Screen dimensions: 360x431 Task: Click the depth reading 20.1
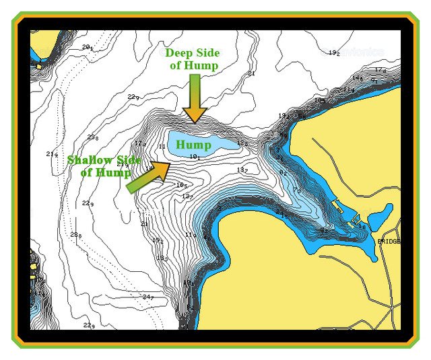click(87, 47)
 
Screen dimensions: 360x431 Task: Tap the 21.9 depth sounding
click(52, 155)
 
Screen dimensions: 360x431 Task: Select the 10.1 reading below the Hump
click(195, 157)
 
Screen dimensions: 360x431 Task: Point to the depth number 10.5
click(181, 185)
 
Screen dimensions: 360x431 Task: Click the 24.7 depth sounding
click(148, 297)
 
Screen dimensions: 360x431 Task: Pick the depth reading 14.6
click(357, 79)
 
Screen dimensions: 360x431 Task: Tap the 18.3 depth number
click(162, 258)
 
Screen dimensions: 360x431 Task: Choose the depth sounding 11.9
click(191, 235)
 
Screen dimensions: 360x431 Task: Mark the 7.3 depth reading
click(296, 190)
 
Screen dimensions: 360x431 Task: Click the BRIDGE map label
click(389, 240)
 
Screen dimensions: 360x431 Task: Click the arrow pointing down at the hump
click(194, 98)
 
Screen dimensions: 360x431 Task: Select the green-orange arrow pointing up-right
click(147, 176)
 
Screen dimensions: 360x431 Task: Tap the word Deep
click(180, 53)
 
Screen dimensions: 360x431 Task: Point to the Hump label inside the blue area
click(194, 144)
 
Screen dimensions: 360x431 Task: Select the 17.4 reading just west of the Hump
click(140, 144)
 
